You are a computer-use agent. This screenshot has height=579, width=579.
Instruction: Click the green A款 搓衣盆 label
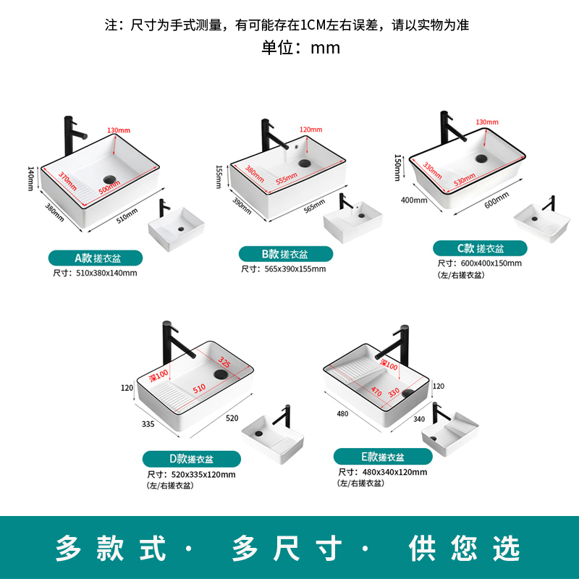point(96,258)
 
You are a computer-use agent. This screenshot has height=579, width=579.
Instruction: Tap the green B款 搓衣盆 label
point(286,254)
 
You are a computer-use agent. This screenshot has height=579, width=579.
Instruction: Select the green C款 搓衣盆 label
point(480,248)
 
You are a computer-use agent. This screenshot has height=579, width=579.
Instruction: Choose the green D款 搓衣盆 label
point(191,458)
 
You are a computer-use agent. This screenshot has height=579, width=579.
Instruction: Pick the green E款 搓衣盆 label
point(383,457)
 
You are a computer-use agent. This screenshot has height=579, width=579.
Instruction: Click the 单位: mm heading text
point(300,48)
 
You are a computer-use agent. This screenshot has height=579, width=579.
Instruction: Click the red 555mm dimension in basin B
point(286,178)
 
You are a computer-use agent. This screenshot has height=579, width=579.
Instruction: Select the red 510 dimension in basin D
point(198,389)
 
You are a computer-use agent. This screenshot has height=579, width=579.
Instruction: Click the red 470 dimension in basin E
point(377,392)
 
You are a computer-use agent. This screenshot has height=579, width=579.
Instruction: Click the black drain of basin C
point(481,157)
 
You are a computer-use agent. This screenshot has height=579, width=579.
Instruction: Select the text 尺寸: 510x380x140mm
point(95,273)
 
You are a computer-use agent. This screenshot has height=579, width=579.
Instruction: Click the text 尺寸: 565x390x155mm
point(284,269)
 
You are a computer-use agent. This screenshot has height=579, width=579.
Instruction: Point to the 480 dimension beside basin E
point(342,414)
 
